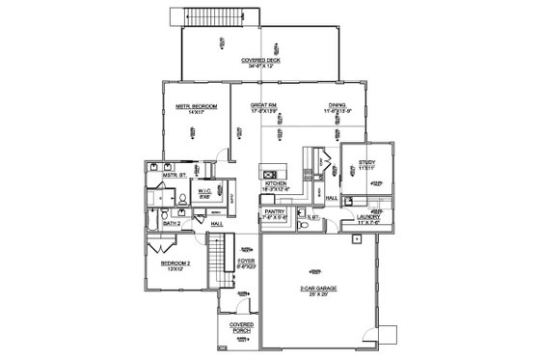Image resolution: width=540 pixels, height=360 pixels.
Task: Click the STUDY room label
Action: [364, 161]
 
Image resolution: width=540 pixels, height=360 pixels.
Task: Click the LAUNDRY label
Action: [368, 218]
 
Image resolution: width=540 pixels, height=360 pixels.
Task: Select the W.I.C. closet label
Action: [204, 191]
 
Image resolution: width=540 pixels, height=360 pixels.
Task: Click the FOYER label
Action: [245, 260]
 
